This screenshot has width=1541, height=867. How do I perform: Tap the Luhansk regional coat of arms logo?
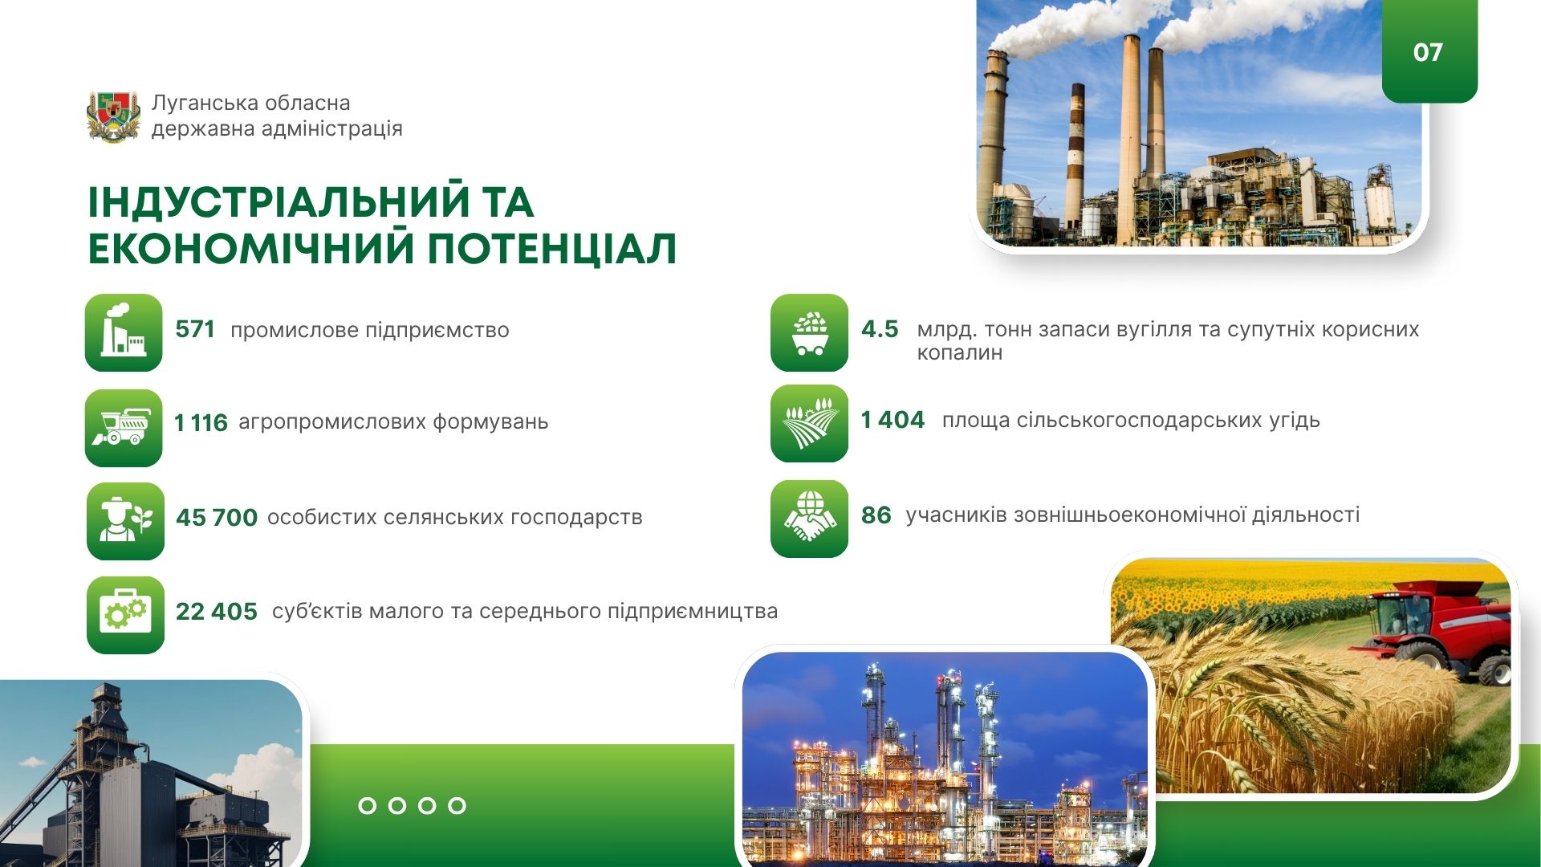pyautogui.click(x=113, y=116)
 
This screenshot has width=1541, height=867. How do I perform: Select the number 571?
pyautogui.click(x=195, y=329)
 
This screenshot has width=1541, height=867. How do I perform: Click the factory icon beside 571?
pyautogui.click(x=124, y=332)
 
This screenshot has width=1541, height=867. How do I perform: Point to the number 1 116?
pyautogui.click(x=201, y=422)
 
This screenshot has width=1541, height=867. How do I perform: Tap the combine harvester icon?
pyautogui.click(x=124, y=428)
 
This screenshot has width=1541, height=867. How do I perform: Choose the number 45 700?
pyautogui.click(x=217, y=518)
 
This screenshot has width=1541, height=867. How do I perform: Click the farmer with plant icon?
pyautogui.click(x=125, y=521)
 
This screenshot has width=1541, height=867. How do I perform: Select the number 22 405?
pyautogui.click(x=217, y=612)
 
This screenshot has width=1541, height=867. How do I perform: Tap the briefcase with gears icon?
pyautogui.click(x=125, y=615)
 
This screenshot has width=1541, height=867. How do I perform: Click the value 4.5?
pyautogui.click(x=880, y=329)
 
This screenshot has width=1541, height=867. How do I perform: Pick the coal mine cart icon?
pyautogui.click(x=809, y=332)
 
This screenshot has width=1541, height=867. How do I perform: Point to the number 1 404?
pyautogui.click(x=892, y=419)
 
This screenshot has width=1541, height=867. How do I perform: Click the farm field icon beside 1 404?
pyautogui.click(x=809, y=423)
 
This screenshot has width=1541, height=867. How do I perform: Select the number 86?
pyautogui.click(x=876, y=515)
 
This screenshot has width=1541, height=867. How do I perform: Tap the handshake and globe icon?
pyautogui.click(x=809, y=519)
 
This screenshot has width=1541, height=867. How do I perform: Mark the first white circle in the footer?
pyautogui.click(x=367, y=805)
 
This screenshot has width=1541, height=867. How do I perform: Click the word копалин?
pyautogui.click(x=960, y=353)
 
